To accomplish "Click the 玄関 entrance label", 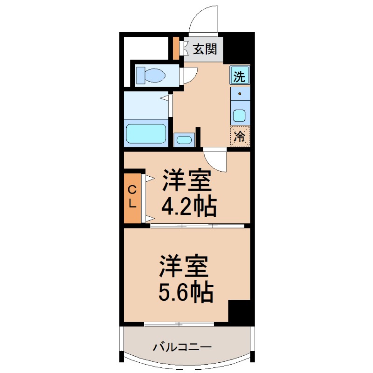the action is pos(205,49).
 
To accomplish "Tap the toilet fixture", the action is pos(151,75).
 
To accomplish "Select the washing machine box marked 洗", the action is pos(240,75).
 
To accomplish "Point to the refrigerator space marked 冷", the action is pos(240,136).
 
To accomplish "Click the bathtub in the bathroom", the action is pos(146,133).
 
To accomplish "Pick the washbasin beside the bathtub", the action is pos(184,140).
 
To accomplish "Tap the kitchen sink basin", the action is pos(239,116).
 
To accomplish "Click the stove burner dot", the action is pos(240,94).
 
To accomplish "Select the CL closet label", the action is pos(132,197).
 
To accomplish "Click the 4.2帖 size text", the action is pos(189,207).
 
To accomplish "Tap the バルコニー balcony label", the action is pos(182,347).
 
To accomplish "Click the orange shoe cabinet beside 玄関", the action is pos(176,48).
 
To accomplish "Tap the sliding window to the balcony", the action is pos(179,324).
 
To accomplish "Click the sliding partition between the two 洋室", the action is pos(197,226).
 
